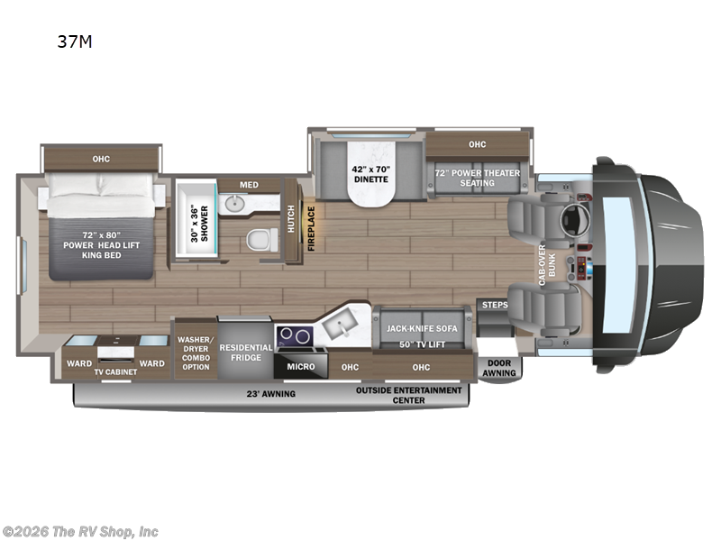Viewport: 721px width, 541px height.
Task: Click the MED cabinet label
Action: [x=249, y=185]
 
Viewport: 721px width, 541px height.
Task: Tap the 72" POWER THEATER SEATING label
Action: [x=477, y=176]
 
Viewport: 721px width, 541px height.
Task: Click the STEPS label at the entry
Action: [x=495, y=305]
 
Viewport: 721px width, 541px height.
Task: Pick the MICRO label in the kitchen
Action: [x=301, y=367]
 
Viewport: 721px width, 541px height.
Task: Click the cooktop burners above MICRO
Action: [x=293, y=335]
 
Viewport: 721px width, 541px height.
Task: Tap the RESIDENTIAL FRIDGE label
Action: [x=246, y=352]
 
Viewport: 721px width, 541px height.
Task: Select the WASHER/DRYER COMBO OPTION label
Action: [x=195, y=347]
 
